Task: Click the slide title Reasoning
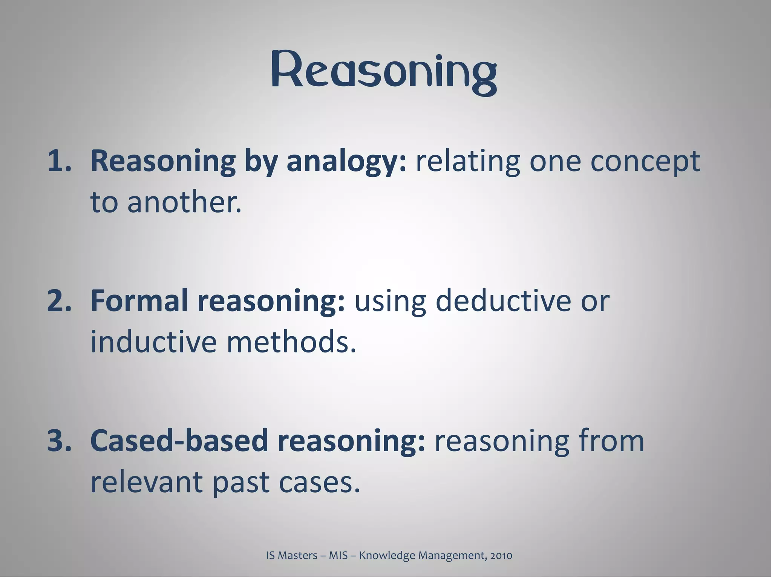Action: (x=384, y=72)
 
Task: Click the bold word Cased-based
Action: (x=179, y=440)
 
